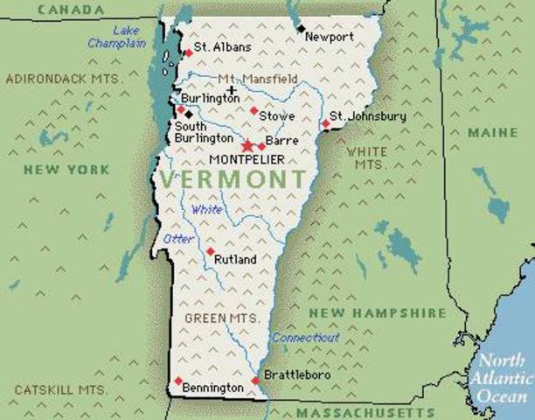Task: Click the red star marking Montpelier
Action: [x=247, y=145]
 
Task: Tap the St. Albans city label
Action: [x=223, y=46]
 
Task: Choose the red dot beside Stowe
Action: [x=254, y=110]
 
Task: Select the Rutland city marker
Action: [x=210, y=251]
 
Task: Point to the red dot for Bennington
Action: [x=178, y=381]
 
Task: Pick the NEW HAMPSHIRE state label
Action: [x=365, y=312]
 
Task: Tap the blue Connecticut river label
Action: [x=304, y=338]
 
